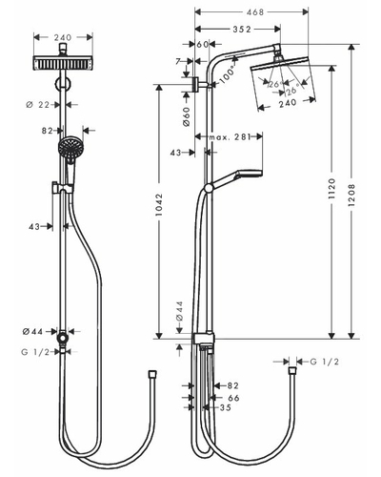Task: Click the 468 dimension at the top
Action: pyautogui.click(x=255, y=12)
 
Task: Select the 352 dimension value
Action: pyautogui.click(x=242, y=30)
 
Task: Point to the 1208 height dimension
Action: pyautogui.click(x=351, y=195)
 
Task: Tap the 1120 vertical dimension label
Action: pyautogui.click(x=331, y=189)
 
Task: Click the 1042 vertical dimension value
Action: pyautogui.click(x=159, y=204)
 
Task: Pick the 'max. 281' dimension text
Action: pyautogui.click(x=230, y=137)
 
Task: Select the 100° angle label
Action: pyautogui.click(x=229, y=73)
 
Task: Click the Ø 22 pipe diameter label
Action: pyautogui.click(x=38, y=104)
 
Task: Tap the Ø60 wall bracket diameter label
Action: pyautogui.click(x=187, y=116)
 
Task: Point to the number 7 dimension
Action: pyautogui.click(x=178, y=61)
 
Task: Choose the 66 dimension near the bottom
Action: pyautogui.click(x=233, y=398)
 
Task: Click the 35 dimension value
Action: pyautogui.click(x=225, y=407)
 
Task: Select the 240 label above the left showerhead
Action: pyautogui.click(x=63, y=37)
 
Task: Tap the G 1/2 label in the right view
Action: pyautogui.click(x=325, y=362)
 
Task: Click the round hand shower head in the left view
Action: pyautogui.click(x=70, y=147)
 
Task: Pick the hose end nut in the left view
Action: pyautogui.click(x=153, y=374)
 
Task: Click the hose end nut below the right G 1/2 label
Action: pyautogui.click(x=292, y=371)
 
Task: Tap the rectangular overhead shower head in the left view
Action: pyautogui.click(x=63, y=63)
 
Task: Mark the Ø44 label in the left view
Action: pyautogui.click(x=32, y=332)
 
